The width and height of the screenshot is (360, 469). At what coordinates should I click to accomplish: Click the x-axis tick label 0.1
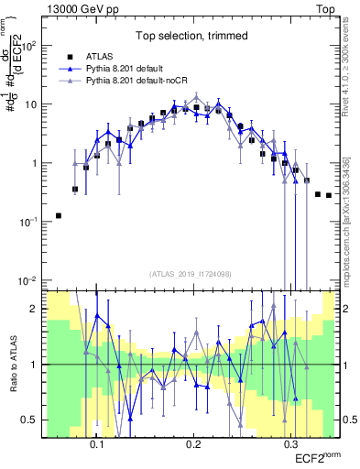pos(96,442)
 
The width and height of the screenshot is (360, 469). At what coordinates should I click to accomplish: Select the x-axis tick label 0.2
pos(193,442)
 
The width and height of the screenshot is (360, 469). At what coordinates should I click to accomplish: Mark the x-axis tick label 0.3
pos(290,442)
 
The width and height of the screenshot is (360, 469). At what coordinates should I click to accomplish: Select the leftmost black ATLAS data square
pos(58,215)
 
